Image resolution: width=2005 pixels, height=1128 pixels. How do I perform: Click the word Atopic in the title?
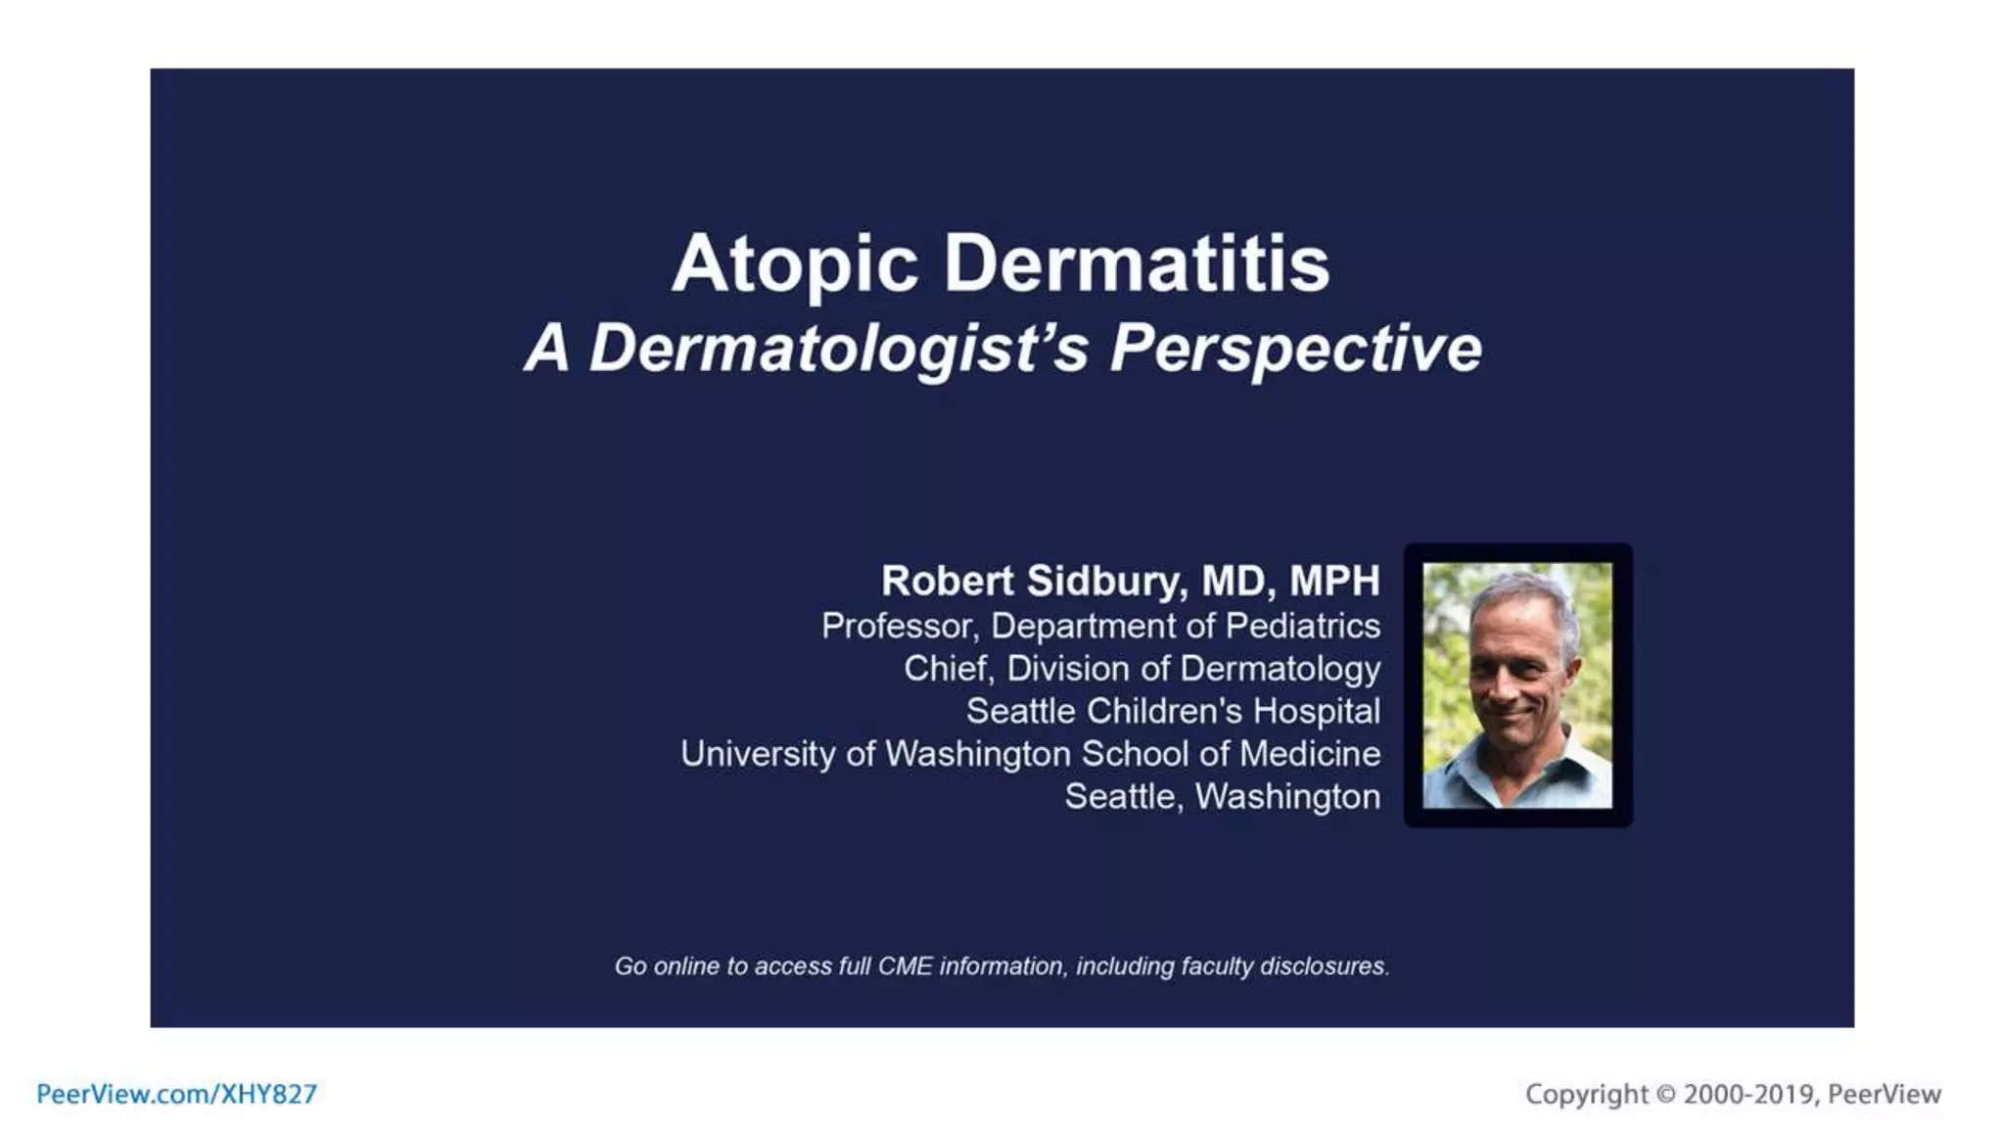tap(794, 264)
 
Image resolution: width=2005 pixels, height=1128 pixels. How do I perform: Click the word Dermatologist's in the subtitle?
tap(838, 349)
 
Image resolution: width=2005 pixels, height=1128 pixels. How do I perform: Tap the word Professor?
tap(898, 626)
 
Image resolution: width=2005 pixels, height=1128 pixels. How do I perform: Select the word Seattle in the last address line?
tap(1123, 797)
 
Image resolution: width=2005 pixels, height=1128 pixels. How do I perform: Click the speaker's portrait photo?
tap(1516, 685)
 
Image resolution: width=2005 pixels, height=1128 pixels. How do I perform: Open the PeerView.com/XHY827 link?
tap(176, 1094)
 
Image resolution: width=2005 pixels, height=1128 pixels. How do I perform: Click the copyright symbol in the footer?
tap(1665, 1094)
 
